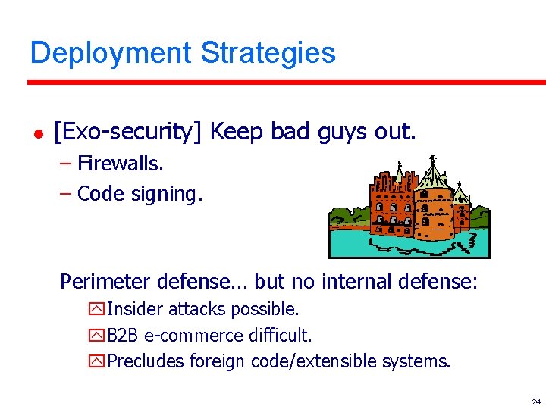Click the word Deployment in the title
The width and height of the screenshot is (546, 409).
click(x=110, y=54)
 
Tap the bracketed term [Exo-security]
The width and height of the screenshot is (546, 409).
click(x=128, y=132)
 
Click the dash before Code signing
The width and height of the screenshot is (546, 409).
click(x=65, y=194)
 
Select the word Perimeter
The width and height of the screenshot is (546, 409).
click(x=105, y=282)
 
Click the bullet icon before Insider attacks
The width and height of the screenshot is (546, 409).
click(x=97, y=309)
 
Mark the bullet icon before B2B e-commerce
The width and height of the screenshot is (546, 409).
click(x=97, y=335)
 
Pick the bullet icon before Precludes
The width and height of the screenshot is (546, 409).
click(x=97, y=361)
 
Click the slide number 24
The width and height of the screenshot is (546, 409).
click(x=535, y=401)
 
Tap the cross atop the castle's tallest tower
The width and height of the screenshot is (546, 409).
click(x=432, y=160)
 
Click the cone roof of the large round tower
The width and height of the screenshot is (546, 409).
click(x=432, y=178)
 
